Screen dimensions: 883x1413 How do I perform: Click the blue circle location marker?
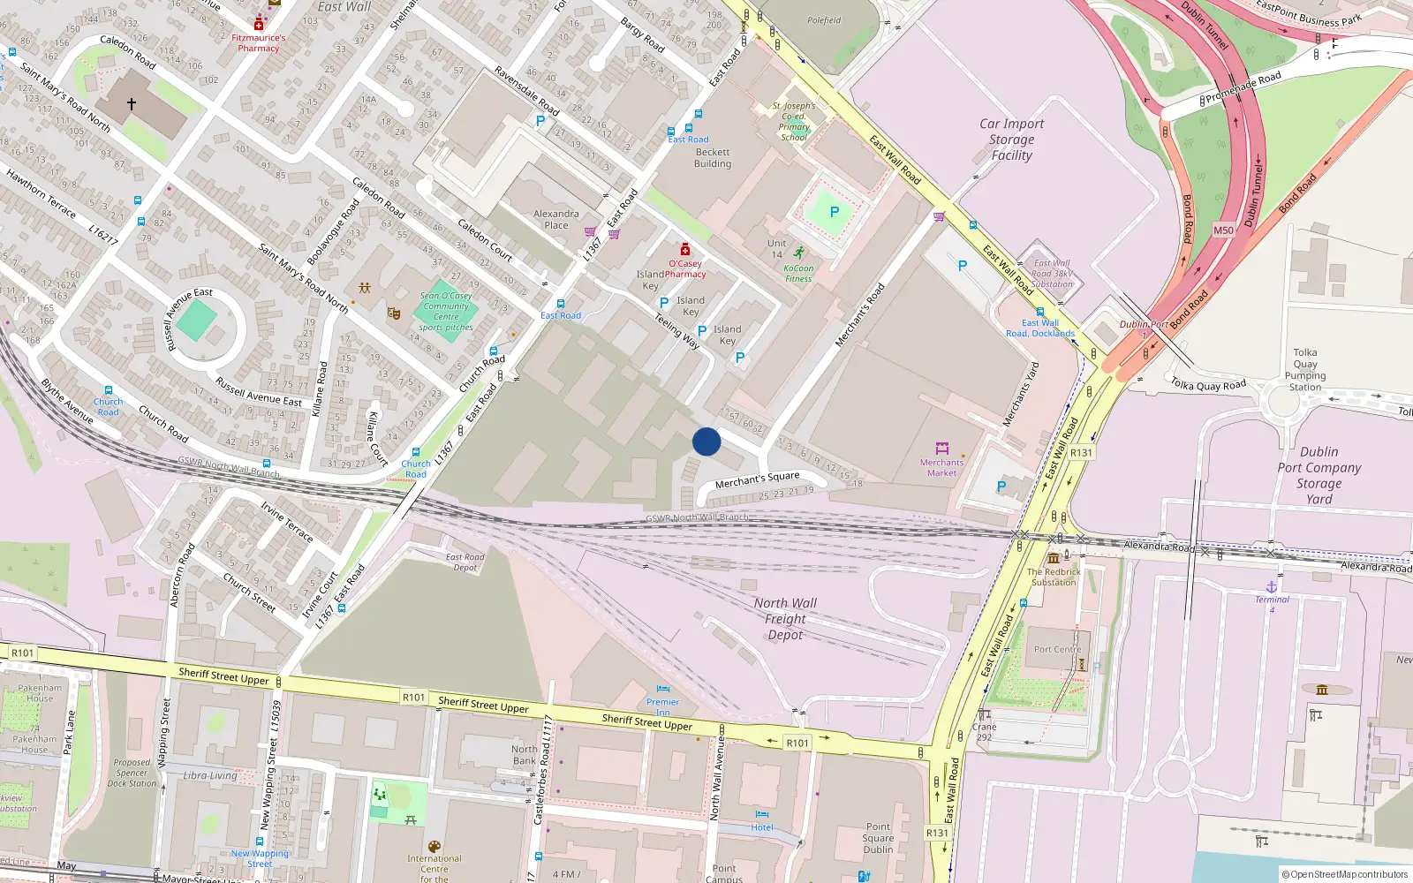point(706,441)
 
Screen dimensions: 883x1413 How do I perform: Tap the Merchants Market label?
point(941,468)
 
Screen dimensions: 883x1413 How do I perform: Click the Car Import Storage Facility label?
point(1011,140)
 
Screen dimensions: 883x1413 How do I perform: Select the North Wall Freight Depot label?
point(785,619)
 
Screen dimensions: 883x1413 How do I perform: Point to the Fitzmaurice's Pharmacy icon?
point(259,24)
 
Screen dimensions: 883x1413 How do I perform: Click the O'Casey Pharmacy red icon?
point(684,250)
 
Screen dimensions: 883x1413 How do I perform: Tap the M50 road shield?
point(1223,230)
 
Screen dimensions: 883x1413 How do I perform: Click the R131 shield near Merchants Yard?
point(1081,453)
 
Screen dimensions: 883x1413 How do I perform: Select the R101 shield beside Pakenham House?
point(22,653)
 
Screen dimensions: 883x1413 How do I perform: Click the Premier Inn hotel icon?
point(662,690)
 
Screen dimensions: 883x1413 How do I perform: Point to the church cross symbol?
point(132,104)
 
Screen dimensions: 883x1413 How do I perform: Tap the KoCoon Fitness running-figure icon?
point(798,253)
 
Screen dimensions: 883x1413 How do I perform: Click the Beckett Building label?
point(712,158)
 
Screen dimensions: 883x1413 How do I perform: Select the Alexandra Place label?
point(556,219)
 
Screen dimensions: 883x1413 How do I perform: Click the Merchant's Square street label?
point(757,479)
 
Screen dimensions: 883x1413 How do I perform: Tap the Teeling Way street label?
point(676,332)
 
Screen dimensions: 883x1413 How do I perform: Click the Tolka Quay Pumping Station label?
point(1305,369)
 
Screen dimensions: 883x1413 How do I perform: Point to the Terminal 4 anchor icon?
point(1272,587)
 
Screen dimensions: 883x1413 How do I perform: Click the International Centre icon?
point(434,847)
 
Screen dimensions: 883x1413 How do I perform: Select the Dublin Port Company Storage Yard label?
point(1319,475)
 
